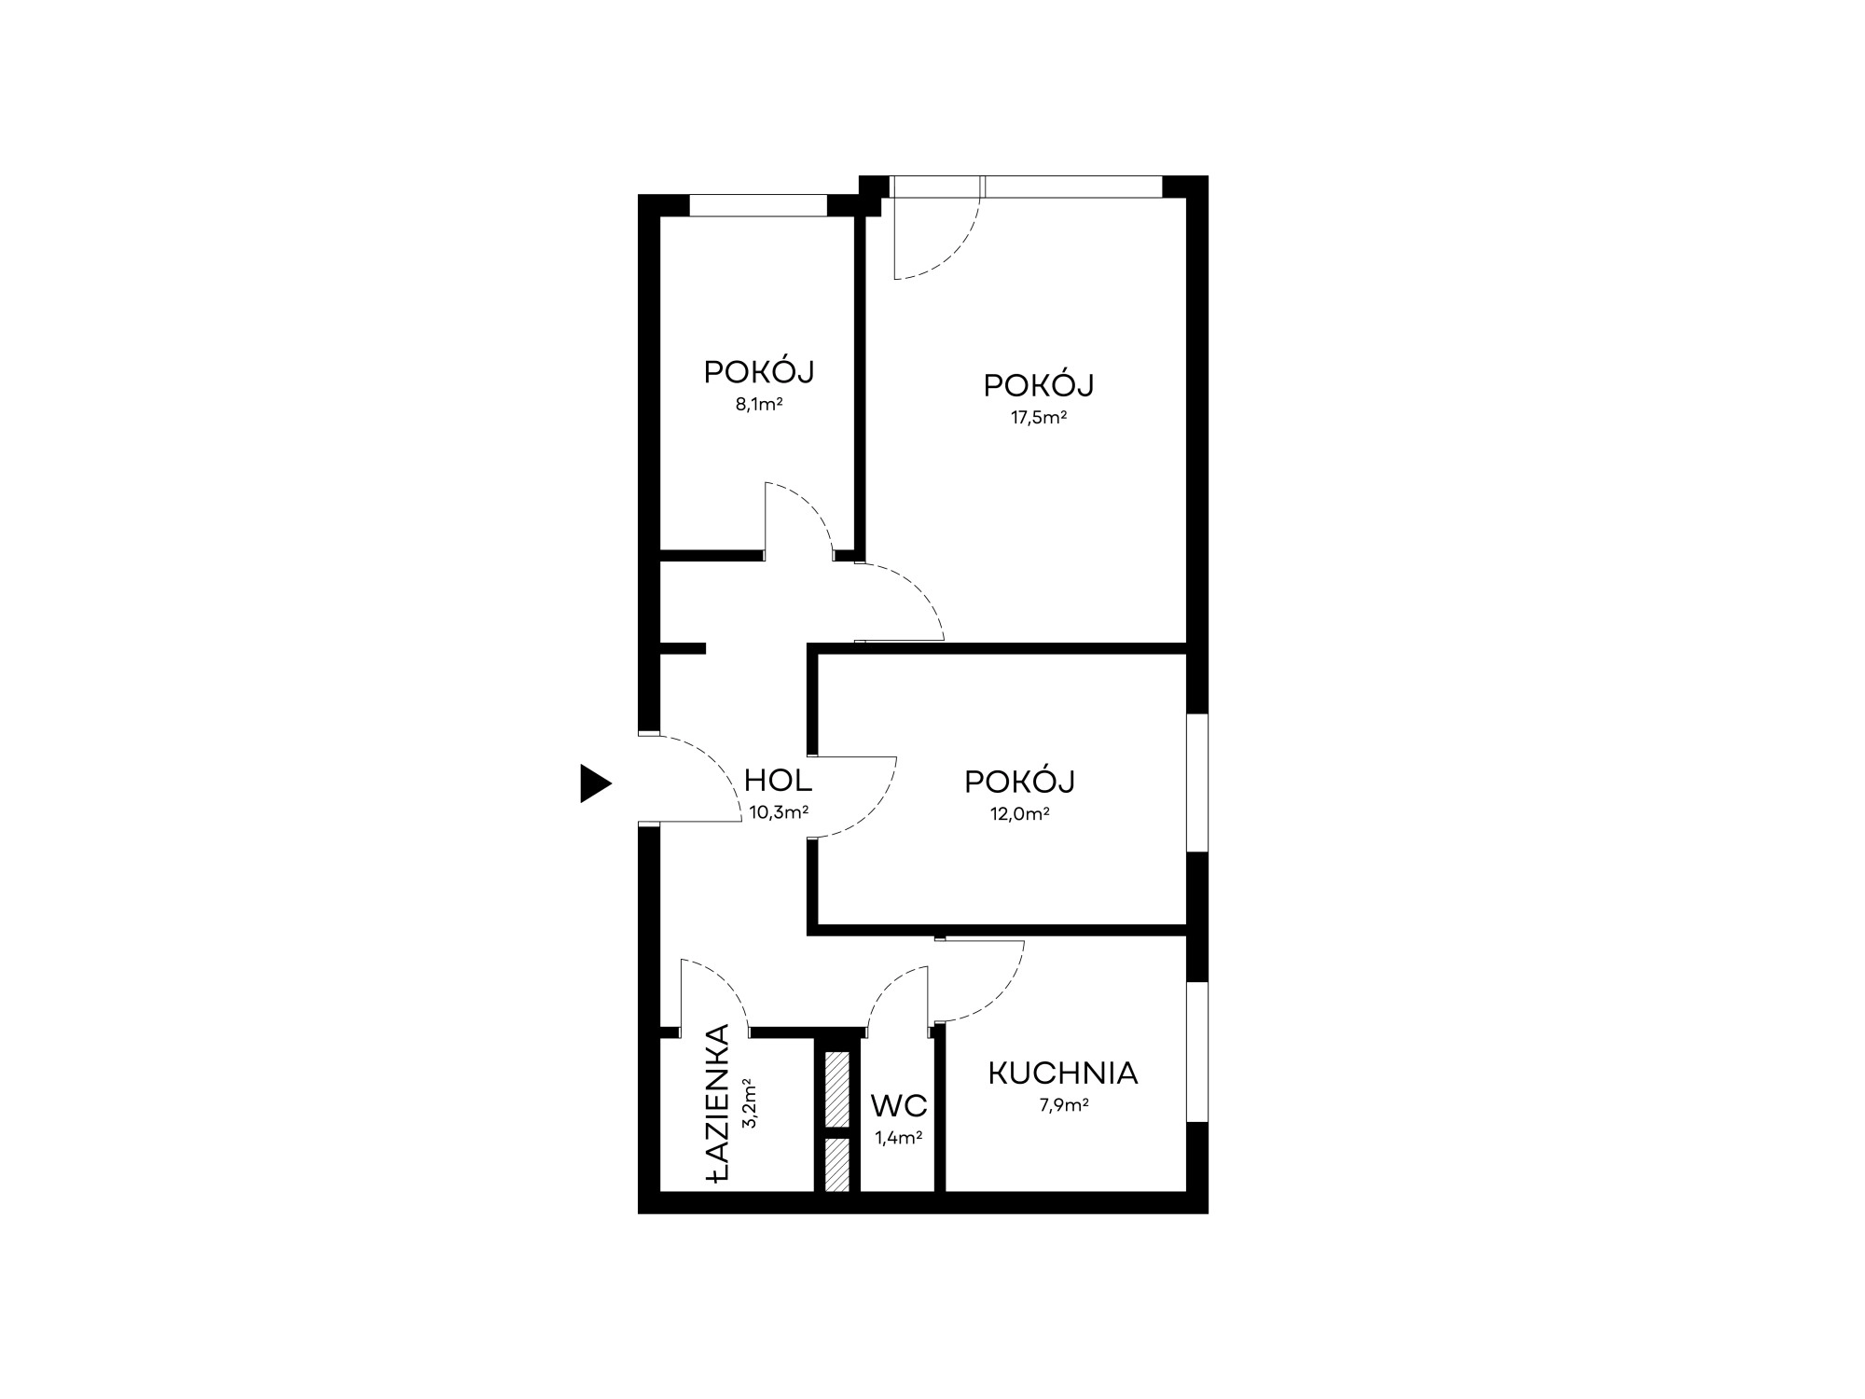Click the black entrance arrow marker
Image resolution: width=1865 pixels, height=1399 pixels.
[595, 783]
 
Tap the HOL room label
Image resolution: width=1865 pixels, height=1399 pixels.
[778, 780]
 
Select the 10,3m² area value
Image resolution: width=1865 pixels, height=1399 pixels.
[779, 812]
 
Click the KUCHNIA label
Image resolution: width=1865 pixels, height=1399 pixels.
[1063, 1073]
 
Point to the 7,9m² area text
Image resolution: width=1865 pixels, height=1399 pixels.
[1064, 1106]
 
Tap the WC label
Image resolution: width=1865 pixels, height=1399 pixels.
[899, 1106]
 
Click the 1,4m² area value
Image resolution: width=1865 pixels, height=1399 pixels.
[899, 1138]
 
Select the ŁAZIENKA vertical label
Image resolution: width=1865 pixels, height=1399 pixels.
[717, 1105]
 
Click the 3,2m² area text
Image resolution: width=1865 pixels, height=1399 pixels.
[748, 1104]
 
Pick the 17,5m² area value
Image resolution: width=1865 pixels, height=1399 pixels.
[1039, 418]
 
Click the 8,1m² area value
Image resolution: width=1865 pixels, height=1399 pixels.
[759, 405]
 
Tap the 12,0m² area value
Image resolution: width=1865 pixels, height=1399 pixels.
[1020, 813]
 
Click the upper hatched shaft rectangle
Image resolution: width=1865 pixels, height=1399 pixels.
[837, 1087]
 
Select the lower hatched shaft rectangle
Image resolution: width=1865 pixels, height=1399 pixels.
[837, 1165]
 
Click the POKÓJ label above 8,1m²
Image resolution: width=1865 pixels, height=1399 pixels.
[759, 372]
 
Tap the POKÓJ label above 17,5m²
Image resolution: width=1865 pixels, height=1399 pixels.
[1039, 385]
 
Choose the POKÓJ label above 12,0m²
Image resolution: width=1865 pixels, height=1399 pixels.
[1020, 781]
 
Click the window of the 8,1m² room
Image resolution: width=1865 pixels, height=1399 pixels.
[758, 205]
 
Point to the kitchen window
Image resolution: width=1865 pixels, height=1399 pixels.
[1197, 1051]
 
